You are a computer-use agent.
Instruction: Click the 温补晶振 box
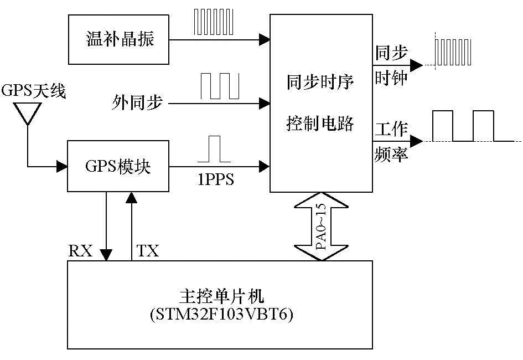pos(119,40)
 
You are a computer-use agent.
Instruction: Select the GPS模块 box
pos(118,166)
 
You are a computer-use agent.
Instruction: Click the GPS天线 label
pos(34,91)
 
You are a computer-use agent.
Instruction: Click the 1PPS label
pos(215,180)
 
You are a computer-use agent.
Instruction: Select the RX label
pos(81,251)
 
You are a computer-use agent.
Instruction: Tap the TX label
pos(148,251)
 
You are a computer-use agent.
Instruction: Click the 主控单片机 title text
pos(220,294)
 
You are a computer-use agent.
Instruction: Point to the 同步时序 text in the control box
pos(320,83)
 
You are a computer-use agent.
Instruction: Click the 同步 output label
pos(391,53)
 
